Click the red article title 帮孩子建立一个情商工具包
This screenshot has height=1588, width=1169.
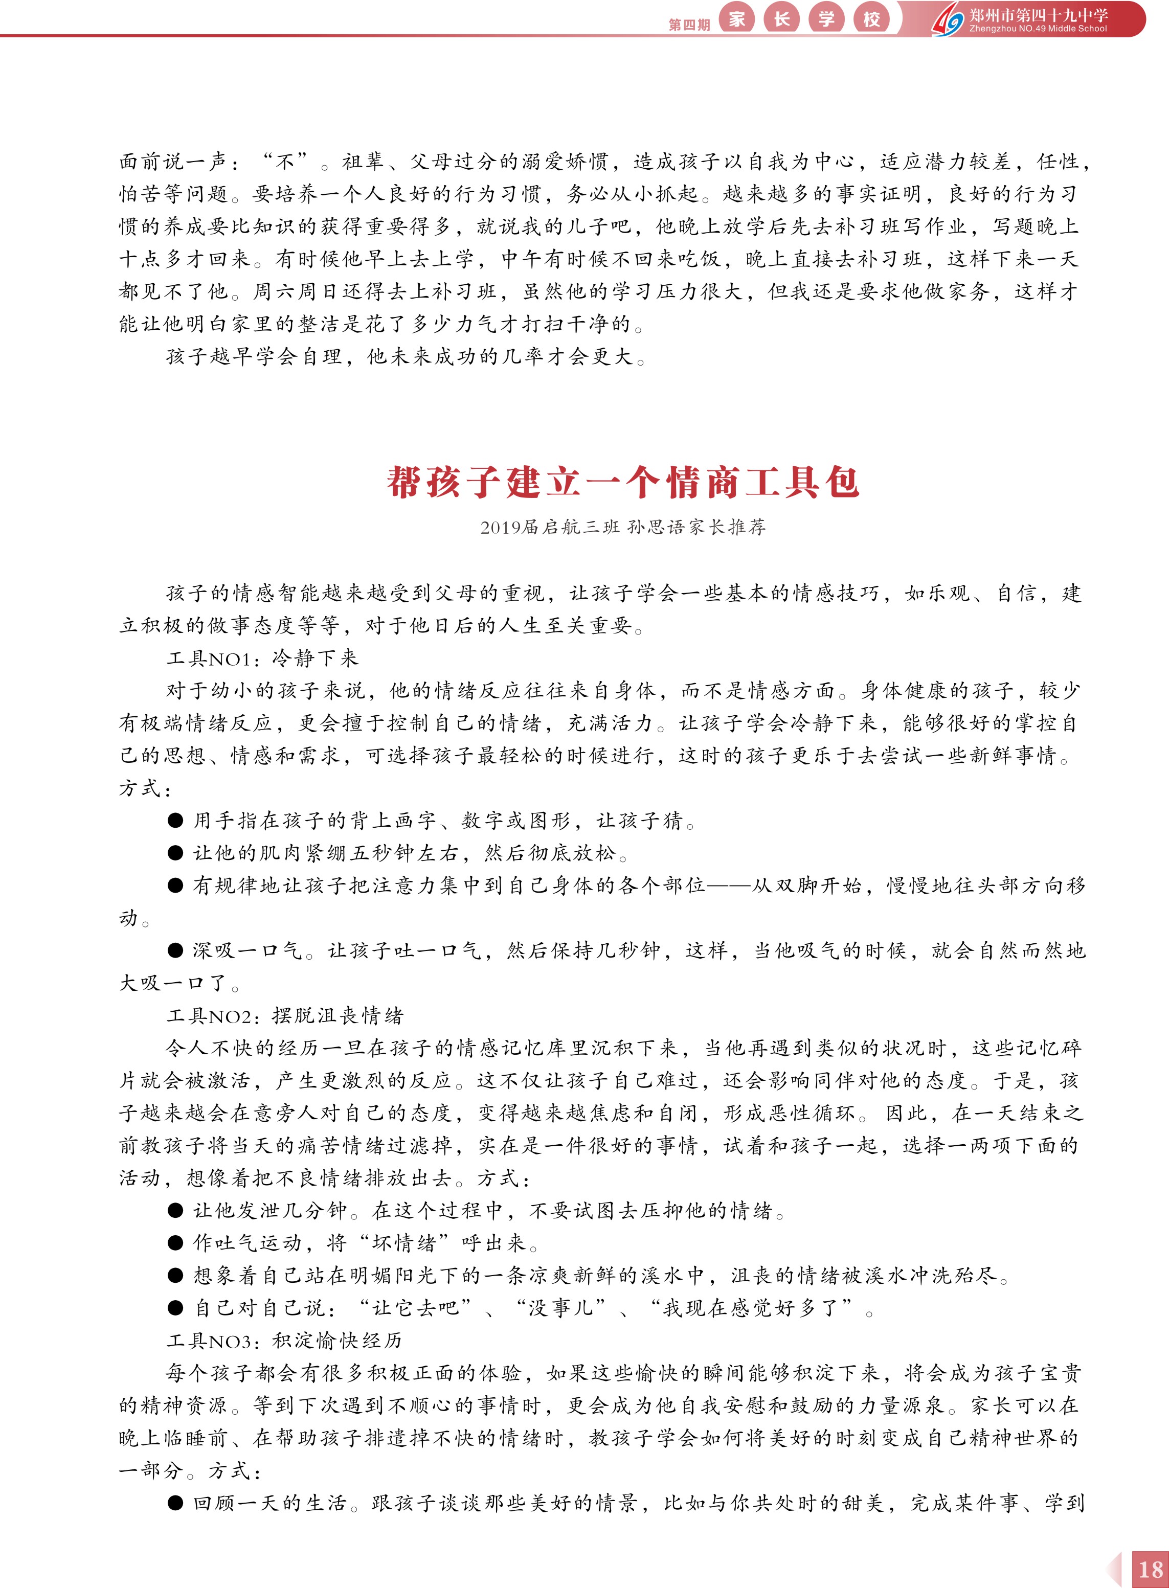click(x=623, y=483)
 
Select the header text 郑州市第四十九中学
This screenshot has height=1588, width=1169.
click(x=1039, y=15)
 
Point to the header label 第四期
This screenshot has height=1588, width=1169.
click(x=688, y=25)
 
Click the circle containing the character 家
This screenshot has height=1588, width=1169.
click(x=737, y=19)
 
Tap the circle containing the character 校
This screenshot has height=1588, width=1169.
click(x=872, y=19)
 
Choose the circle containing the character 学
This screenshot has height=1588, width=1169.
click(x=826, y=19)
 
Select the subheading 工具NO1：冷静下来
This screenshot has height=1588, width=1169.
click(x=262, y=659)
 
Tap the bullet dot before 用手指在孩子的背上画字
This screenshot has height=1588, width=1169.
click(x=175, y=821)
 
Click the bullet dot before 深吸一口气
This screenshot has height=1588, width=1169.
click(x=175, y=950)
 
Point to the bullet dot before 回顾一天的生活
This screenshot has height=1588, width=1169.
click(x=175, y=1503)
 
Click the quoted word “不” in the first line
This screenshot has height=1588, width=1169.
click(x=285, y=162)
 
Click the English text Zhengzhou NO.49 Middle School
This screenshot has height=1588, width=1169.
click(x=1038, y=29)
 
